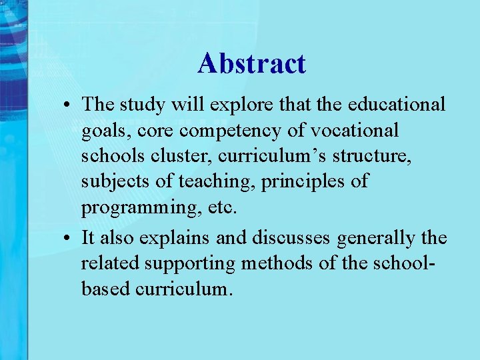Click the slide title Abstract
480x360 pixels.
[x=251, y=64]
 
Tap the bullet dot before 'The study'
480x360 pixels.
[x=69, y=105]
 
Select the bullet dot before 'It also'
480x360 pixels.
[x=69, y=238]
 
